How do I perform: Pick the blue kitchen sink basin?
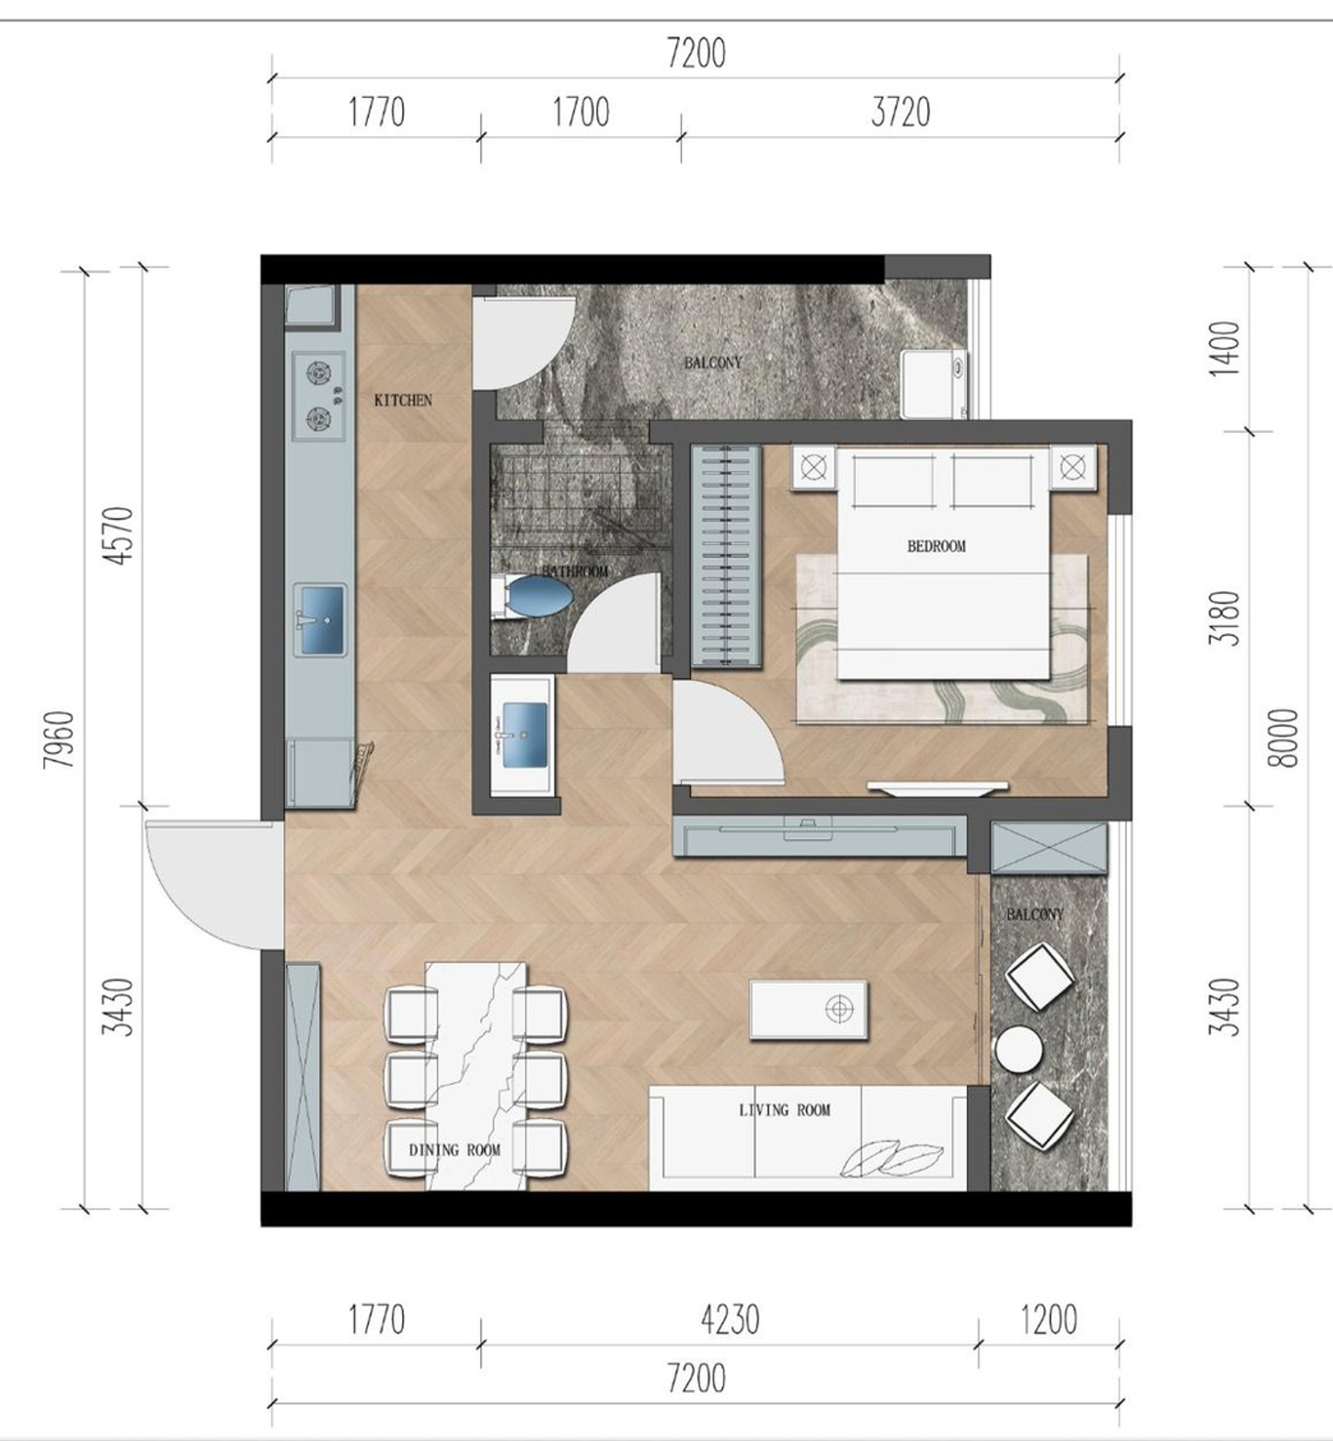coord(320,619)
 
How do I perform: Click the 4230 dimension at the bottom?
coord(730,1320)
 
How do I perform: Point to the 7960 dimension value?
coord(59,739)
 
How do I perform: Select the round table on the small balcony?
coord(1019,1049)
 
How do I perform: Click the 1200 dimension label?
coord(1049,1320)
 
